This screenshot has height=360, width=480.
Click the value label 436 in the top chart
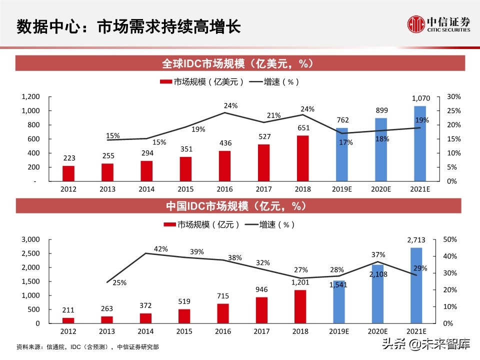coord(224,143)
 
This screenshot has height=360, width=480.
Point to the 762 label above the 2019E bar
coord(342,120)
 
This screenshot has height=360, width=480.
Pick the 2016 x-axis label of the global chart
coord(224,189)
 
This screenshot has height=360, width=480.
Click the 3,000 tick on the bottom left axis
coord(30,239)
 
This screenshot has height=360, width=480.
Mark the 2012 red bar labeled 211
coord(68,320)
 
